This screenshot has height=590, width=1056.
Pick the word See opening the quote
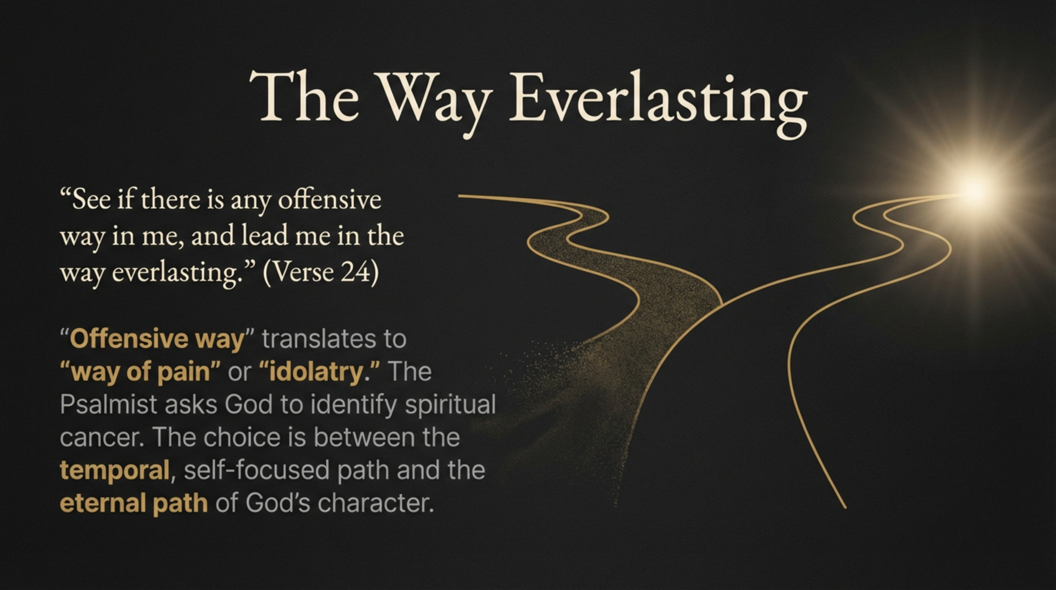91,201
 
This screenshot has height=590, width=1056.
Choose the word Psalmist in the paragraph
109,404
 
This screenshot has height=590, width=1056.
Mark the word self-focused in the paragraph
257,470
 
